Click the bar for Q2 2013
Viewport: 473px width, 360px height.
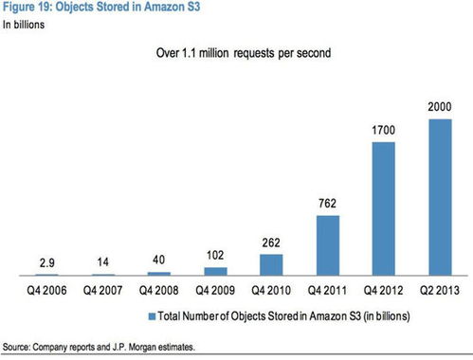[x=440, y=197]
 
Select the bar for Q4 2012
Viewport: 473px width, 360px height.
[x=384, y=208]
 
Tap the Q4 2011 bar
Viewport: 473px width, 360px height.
[x=328, y=245]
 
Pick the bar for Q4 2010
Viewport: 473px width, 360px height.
[x=271, y=265]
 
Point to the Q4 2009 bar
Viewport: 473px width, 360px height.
[x=216, y=272]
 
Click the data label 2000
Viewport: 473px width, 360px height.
[x=440, y=107]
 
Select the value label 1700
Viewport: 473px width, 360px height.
[x=383, y=130]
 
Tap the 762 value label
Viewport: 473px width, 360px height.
[x=327, y=204]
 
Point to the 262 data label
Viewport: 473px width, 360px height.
[x=271, y=243]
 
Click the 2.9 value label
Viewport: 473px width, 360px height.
[x=47, y=262]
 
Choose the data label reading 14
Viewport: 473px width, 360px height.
[x=103, y=261]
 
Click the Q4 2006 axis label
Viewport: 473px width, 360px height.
[x=46, y=290]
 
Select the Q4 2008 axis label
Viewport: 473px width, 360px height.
[x=159, y=290]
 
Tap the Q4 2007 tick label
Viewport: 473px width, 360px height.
[x=102, y=290]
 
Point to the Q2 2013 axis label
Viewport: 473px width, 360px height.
[x=440, y=290]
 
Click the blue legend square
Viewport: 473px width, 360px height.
[x=153, y=316]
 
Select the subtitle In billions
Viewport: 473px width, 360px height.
[x=24, y=25]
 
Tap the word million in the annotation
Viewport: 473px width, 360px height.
[x=213, y=53]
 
